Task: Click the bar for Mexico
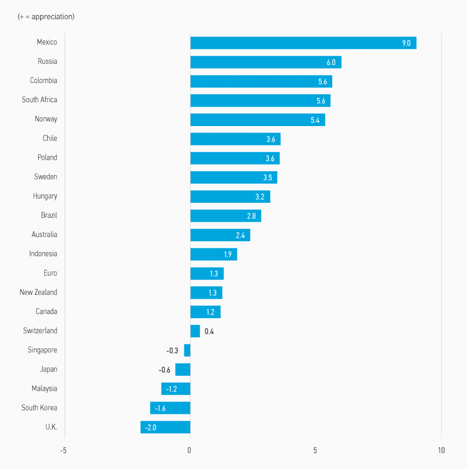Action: tap(303, 43)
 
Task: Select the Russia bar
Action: tap(265, 62)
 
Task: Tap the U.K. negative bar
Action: tap(165, 427)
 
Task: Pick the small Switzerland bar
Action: tap(195, 331)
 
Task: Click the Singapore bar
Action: tap(187, 350)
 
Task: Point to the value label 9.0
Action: tap(406, 43)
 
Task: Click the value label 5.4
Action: tap(315, 120)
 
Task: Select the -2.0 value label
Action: tap(151, 427)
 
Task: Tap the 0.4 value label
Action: tap(209, 332)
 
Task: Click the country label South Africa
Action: tap(39, 100)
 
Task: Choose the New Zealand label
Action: tap(38, 292)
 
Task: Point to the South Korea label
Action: tap(39, 408)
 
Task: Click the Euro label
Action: tap(50, 273)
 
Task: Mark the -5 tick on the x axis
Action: tap(63, 451)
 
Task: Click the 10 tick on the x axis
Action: tap(441, 451)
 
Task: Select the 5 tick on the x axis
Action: tap(315, 451)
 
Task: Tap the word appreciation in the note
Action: tap(51, 17)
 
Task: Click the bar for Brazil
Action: tap(226, 216)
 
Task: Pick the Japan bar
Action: tap(182, 370)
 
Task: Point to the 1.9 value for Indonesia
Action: tap(228, 255)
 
